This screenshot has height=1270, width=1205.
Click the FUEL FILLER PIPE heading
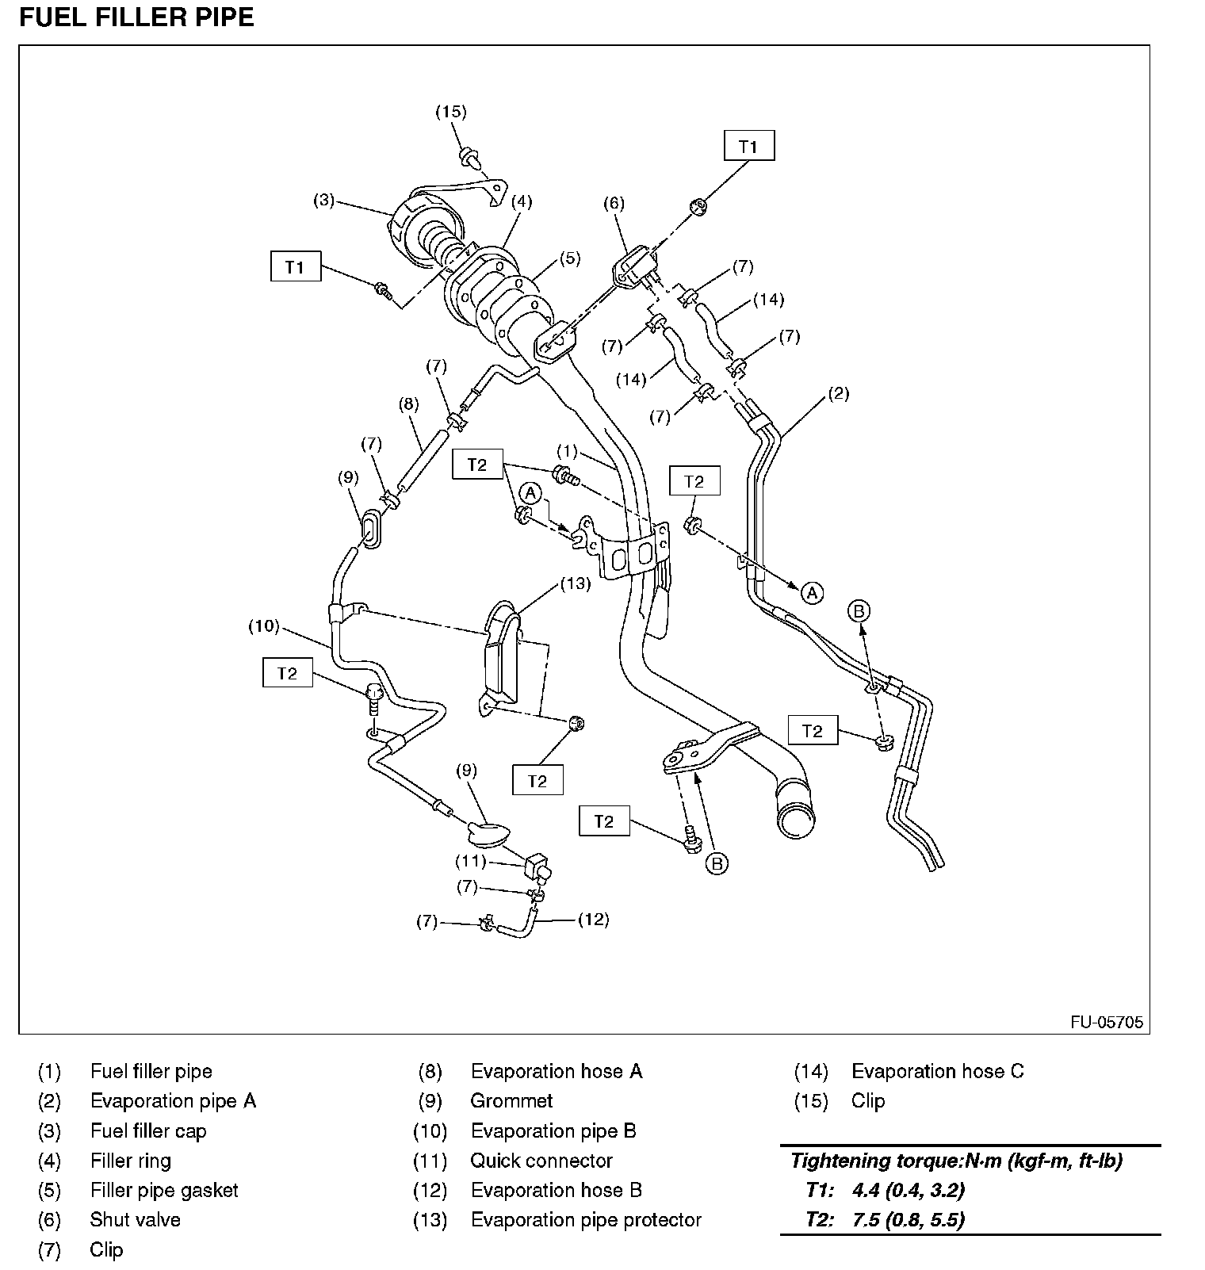pyautogui.click(x=136, y=17)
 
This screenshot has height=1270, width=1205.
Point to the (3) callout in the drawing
pyautogui.click(x=323, y=201)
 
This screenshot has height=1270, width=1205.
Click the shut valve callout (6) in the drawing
pyautogui.click(x=614, y=204)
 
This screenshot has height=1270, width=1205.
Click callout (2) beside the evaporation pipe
pyautogui.click(x=838, y=394)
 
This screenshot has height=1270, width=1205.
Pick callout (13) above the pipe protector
pyautogui.click(x=576, y=583)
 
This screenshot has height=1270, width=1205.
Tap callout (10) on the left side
pyautogui.click(x=264, y=626)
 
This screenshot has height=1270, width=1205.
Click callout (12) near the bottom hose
pyautogui.click(x=593, y=920)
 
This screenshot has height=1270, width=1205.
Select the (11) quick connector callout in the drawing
pyautogui.click(x=470, y=860)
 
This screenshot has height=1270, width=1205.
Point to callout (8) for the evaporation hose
pyautogui.click(x=408, y=404)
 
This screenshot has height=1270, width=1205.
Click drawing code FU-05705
pyautogui.click(x=1107, y=1022)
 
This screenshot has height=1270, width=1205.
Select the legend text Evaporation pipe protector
pyautogui.click(x=586, y=1219)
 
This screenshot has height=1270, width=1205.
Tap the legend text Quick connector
pyautogui.click(x=541, y=1161)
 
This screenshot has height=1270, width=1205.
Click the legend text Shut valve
pyautogui.click(x=135, y=1219)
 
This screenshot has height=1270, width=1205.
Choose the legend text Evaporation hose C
pyautogui.click(x=937, y=1071)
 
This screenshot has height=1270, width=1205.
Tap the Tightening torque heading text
pyautogui.click(x=956, y=1161)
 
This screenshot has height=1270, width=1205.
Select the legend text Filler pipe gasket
pyautogui.click(x=164, y=1190)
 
